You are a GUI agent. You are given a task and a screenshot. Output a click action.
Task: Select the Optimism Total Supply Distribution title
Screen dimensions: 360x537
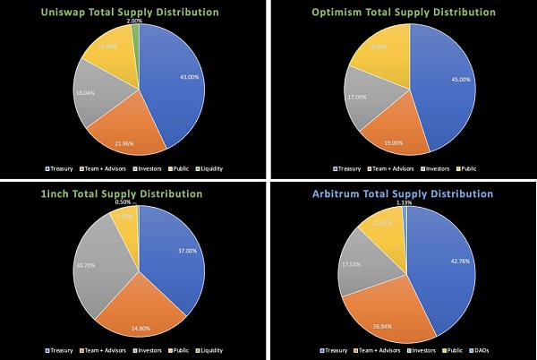(403, 12)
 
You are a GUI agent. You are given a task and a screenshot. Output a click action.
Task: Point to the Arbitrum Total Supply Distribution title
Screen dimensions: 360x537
(403, 193)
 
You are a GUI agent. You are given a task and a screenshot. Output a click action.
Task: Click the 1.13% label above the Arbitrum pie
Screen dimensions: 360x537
(408, 202)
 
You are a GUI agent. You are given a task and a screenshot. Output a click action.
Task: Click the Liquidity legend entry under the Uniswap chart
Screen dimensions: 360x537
(208, 167)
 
